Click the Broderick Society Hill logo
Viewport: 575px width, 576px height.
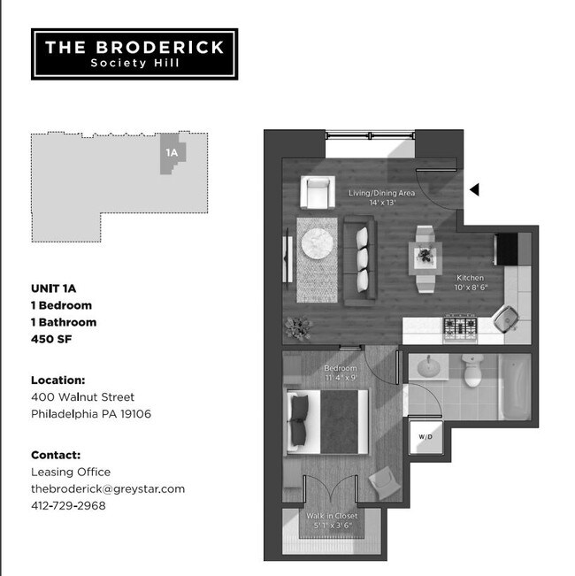[134, 54]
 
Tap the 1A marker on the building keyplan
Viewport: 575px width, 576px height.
[172, 152]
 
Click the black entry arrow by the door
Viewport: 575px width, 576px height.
[474, 189]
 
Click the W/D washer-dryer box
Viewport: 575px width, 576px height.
[423, 436]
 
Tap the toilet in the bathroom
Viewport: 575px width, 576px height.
[471, 372]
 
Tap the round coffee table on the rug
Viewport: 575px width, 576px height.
[316, 245]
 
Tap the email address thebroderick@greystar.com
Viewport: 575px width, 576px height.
[107, 488]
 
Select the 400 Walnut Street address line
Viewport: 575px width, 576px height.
[82, 396]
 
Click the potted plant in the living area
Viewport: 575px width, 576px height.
[298, 327]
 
